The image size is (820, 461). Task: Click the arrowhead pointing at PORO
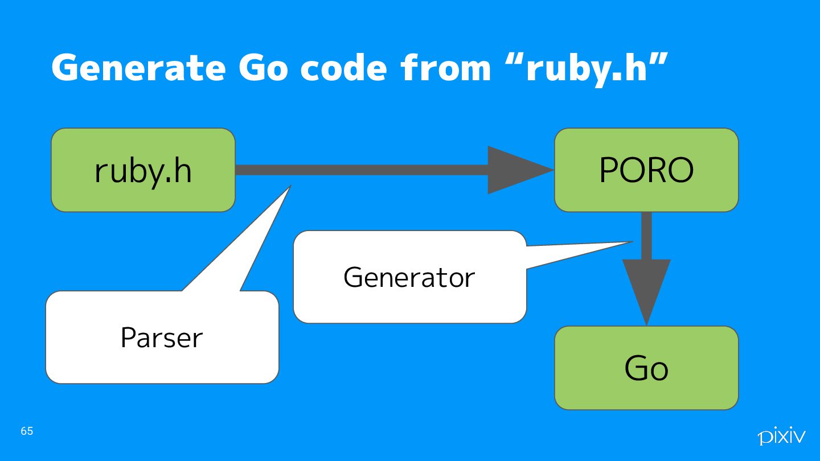[515, 170]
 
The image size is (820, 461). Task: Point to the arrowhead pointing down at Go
[646, 287]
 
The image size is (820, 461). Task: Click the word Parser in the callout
[162, 338]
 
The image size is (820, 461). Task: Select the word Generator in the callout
[409, 278]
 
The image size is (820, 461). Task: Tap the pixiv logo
[781, 437]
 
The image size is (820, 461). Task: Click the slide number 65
[27, 431]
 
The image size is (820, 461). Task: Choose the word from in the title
[445, 68]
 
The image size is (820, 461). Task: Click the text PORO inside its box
[646, 170]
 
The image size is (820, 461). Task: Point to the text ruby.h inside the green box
[142, 170]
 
